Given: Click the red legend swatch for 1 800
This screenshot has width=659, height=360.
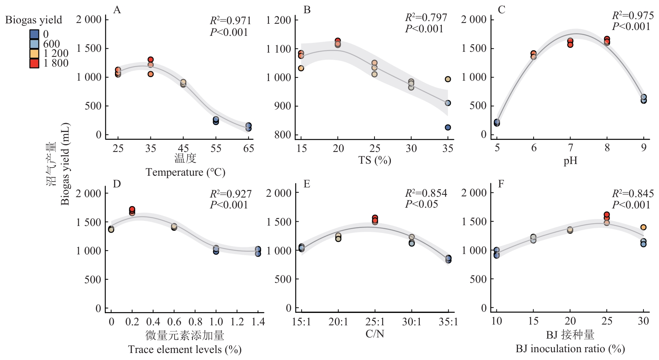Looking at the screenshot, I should pyautogui.click(x=34, y=63).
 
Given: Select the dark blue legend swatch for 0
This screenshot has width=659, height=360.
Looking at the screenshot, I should pyautogui.click(x=34, y=34).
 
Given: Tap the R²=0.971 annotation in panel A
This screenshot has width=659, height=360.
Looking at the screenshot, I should pyautogui.click(x=230, y=21).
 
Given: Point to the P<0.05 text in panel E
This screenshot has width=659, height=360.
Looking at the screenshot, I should pyautogui.click(x=422, y=204).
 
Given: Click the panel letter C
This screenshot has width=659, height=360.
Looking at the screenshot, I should pyautogui.click(x=502, y=10).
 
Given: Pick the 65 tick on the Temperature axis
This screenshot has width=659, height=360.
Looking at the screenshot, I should pyautogui.click(x=249, y=148).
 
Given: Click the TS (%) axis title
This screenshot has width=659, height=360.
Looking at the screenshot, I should pyautogui.click(x=375, y=160).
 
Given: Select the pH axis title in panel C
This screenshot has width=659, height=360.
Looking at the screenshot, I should pyautogui.click(x=570, y=160).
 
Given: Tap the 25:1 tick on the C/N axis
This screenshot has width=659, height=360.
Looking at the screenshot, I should pyautogui.click(x=375, y=322).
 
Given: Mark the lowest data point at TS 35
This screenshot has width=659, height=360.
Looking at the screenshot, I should pyautogui.click(x=448, y=127).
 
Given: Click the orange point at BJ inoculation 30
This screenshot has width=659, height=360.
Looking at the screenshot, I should pyautogui.click(x=643, y=227).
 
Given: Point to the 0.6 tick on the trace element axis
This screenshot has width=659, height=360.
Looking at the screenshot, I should pyautogui.click(x=174, y=322).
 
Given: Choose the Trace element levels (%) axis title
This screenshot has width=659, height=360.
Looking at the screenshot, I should pyautogui.click(x=185, y=349).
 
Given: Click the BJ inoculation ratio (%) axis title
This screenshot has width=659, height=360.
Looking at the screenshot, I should pyautogui.click(x=570, y=349).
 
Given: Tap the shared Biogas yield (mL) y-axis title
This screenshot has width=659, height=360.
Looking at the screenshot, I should pyautogui.click(x=65, y=164).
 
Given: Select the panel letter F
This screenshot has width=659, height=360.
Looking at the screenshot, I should pyautogui.click(x=501, y=184).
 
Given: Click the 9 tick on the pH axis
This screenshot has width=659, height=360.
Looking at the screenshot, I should pyautogui.click(x=644, y=148).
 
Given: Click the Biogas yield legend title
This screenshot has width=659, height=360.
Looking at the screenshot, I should pyautogui.click(x=34, y=20).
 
